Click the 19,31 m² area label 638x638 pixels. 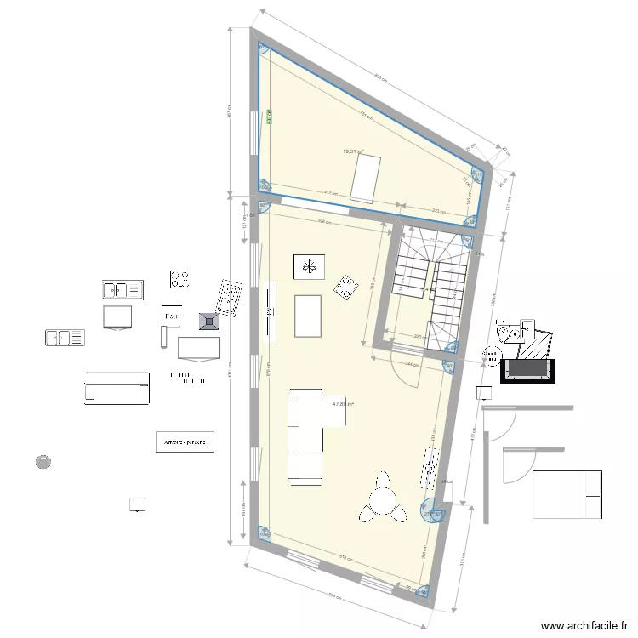(353, 151)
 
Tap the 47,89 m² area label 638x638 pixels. (343, 405)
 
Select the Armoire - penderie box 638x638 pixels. (185, 442)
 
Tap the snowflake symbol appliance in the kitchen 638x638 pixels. (309, 266)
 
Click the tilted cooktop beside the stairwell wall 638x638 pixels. (345, 288)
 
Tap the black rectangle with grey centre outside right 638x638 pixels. (528, 370)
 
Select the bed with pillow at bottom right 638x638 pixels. (567, 494)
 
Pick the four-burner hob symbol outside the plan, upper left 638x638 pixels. (179, 278)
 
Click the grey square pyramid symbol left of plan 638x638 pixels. (208, 321)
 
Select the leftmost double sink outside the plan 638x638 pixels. (64, 338)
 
